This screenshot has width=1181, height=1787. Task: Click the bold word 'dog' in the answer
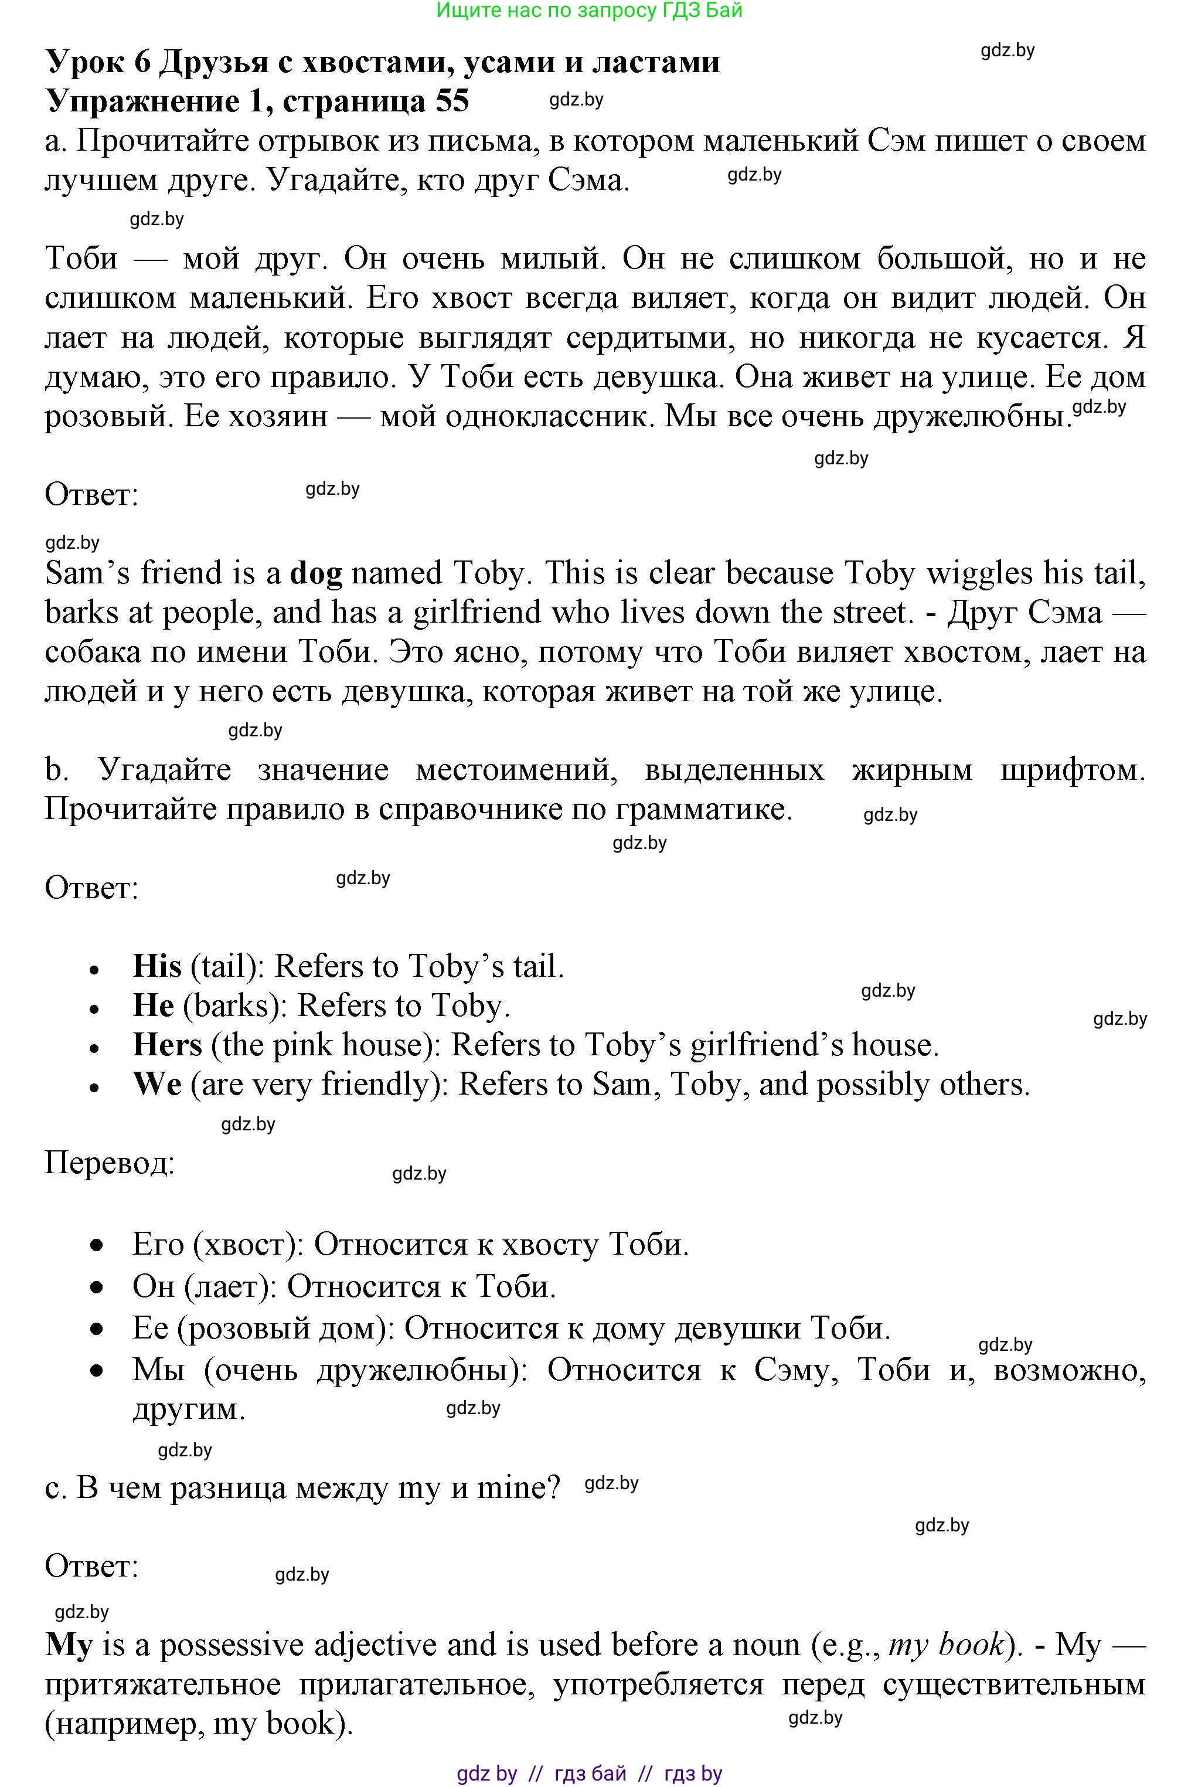[x=315, y=575]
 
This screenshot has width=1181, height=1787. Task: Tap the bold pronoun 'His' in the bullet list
[x=156, y=967]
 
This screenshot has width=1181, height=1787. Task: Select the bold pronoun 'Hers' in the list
[x=167, y=1045]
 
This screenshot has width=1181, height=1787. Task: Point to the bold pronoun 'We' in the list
[x=156, y=1084]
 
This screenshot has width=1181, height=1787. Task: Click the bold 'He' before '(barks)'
[x=153, y=1005]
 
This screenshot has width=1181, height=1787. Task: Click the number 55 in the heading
[x=452, y=101]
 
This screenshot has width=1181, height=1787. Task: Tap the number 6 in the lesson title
[x=142, y=62]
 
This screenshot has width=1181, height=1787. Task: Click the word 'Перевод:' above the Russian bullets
[x=109, y=1163]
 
